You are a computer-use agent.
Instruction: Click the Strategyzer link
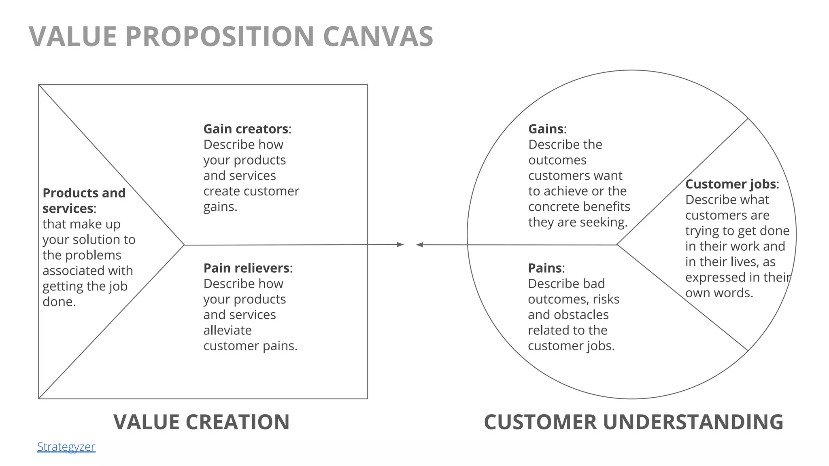click(x=66, y=447)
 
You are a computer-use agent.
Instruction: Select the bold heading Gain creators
click(x=245, y=129)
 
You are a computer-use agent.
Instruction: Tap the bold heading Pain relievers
click(x=246, y=268)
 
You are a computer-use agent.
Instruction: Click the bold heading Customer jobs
click(x=730, y=184)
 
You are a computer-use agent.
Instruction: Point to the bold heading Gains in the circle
click(x=546, y=129)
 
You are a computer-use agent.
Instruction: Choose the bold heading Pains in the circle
click(x=544, y=268)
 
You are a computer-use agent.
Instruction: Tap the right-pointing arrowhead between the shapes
click(x=400, y=244)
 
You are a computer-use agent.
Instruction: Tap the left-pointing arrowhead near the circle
click(x=420, y=245)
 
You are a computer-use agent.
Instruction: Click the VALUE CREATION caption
click(x=201, y=422)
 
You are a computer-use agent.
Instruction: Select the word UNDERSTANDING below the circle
click(x=693, y=422)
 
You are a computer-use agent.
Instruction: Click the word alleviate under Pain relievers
click(x=227, y=330)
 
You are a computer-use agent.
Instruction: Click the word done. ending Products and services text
click(x=59, y=302)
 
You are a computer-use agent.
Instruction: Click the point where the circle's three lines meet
click(x=616, y=245)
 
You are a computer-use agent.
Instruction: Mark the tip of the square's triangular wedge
click(x=184, y=245)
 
